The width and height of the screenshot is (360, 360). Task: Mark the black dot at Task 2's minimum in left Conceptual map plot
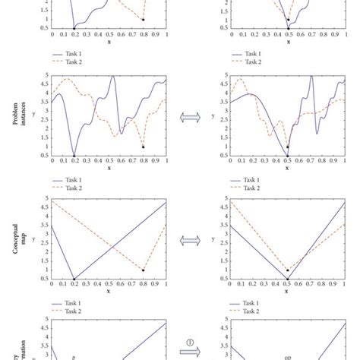tap(143, 270)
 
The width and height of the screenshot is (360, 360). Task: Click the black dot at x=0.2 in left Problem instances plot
tap(74, 155)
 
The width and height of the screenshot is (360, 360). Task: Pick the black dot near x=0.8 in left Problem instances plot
tap(143, 147)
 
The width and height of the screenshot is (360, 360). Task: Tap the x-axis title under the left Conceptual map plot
tap(109, 291)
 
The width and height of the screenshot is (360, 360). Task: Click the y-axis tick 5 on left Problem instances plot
tap(47, 75)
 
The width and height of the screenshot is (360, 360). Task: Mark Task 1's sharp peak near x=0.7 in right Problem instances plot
tap(311, 76)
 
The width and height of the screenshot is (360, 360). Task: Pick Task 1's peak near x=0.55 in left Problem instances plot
tap(113, 76)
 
